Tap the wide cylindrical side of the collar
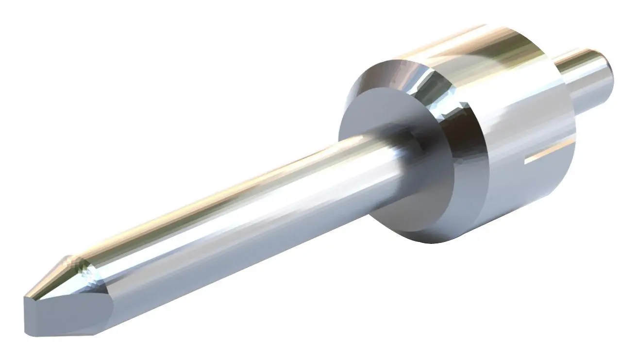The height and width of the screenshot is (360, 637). [x=524, y=121]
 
